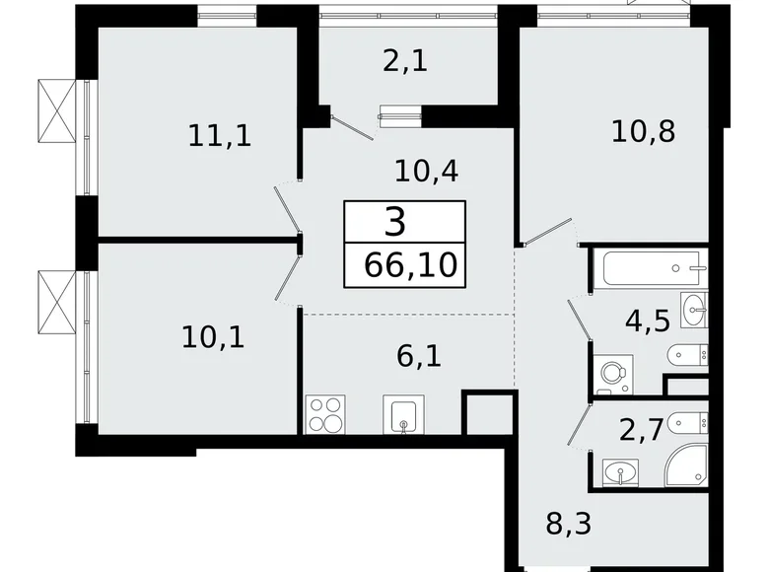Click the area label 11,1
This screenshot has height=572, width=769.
(x=220, y=134)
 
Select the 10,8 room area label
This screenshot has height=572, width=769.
(x=643, y=131)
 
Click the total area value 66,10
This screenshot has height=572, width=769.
(x=403, y=265)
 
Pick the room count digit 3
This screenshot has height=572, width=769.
(x=394, y=222)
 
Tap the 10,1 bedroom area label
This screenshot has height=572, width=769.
(x=213, y=337)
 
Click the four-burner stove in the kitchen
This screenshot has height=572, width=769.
(x=325, y=414)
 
